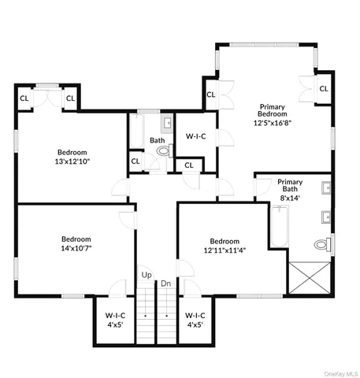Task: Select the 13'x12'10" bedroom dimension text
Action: pos(72,161)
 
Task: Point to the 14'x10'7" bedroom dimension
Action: pos(76,249)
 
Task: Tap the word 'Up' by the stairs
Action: pos(147,275)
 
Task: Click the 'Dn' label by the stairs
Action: pos(166,283)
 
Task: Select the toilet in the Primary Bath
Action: pos(321,245)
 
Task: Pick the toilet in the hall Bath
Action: pos(162,156)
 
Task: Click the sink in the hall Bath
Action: pos(167,124)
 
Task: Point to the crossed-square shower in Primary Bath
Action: pos(308,278)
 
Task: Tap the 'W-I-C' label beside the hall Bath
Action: pos(195,136)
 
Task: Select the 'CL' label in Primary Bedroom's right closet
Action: pos(323,88)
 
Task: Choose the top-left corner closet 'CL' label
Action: pos(24,98)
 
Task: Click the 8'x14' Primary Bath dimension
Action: pos(290,199)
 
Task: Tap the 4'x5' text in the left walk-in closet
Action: pos(114,324)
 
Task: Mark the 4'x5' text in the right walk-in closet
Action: pos(195,324)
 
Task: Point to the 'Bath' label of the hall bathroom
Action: pos(157,141)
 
